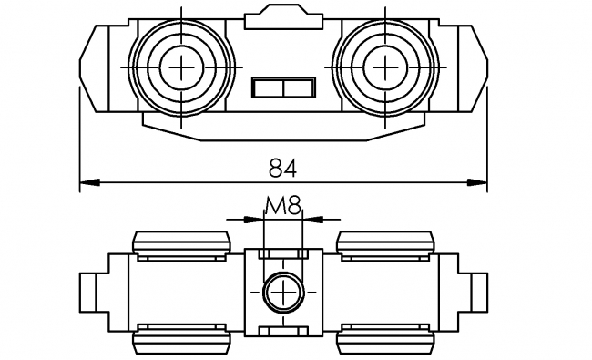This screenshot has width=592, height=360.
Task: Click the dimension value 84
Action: (283, 168)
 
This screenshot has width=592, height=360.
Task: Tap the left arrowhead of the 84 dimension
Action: (88, 183)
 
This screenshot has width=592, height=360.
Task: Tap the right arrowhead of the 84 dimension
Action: (479, 183)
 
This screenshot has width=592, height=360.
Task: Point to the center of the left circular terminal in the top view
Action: (183, 67)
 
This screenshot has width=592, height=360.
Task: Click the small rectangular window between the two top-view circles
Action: (282, 87)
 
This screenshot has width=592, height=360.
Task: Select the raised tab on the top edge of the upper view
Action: (283, 15)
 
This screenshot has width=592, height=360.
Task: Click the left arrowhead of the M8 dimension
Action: (255, 219)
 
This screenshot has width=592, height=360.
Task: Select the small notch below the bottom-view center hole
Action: (283, 326)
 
